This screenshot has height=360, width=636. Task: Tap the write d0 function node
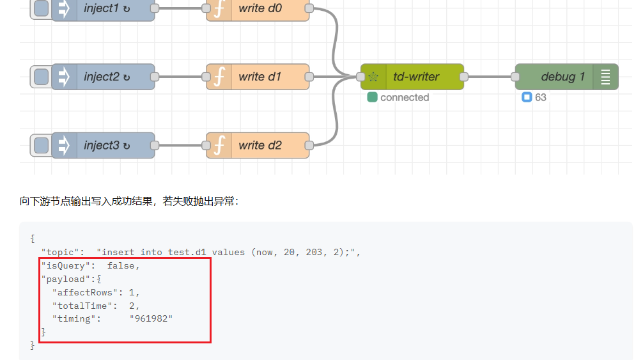point(260,8)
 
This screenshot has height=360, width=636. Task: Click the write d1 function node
point(260,77)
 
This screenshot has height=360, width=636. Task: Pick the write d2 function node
point(260,146)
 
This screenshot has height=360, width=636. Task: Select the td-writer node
point(416,77)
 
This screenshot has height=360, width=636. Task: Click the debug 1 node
point(562,77)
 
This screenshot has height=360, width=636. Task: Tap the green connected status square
point(372,98)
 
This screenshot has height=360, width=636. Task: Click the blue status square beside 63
point(527,98)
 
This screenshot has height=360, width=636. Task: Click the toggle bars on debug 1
point(605,77)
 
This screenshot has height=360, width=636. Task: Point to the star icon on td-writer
point(374,77)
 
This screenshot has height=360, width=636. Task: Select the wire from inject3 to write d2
point(180,146)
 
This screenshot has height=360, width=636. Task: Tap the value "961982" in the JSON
point(151,318)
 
